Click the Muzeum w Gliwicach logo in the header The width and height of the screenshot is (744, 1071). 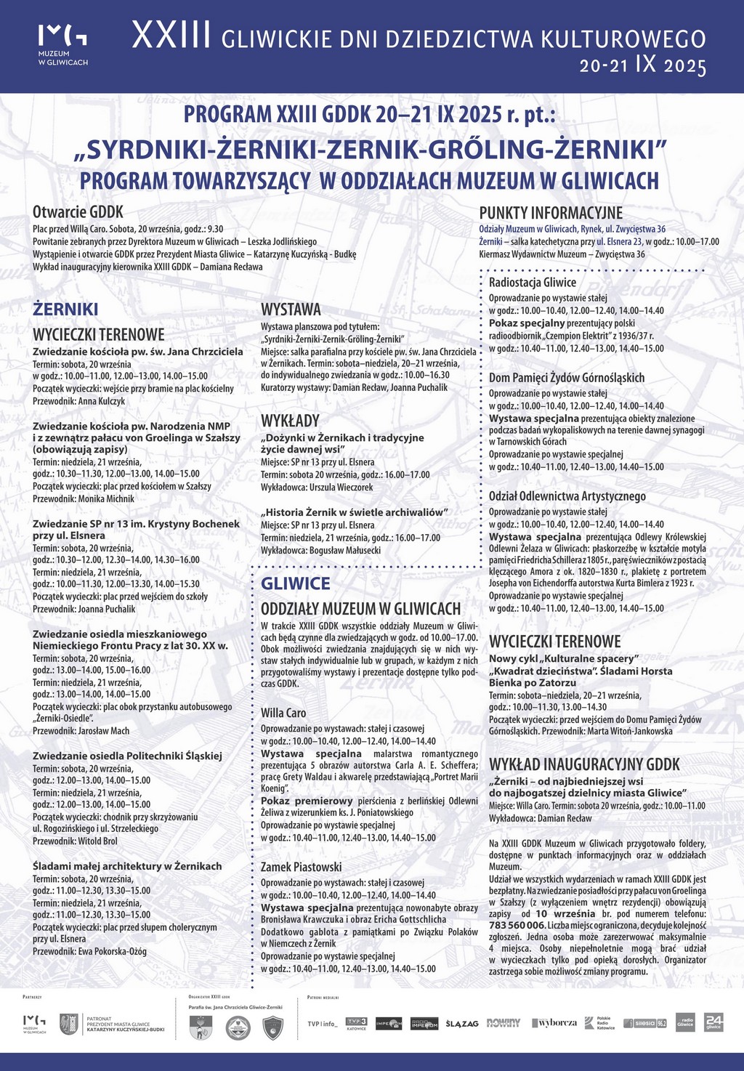[x=62, y=45]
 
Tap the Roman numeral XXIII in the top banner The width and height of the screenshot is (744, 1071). [x=171, y=36]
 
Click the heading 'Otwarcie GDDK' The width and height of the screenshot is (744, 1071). [x=78, y=212]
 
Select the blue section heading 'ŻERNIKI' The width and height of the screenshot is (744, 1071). [x=65, y=310]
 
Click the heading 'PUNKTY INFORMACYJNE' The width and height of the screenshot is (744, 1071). [x=551, y=213]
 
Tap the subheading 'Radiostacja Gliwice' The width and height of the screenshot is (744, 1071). [x=532, y=282]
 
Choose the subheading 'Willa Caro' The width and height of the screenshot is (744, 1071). [x=283, y=713]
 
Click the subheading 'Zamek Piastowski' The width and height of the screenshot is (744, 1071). [x=301, y=867]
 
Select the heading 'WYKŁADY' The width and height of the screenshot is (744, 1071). [x=290, y=421]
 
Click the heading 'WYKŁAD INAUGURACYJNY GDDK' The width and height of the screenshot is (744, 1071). [x=584, y=764]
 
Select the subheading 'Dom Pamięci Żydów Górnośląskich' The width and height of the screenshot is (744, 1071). [x=567, y=377]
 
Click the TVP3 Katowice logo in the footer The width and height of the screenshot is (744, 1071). [x=356, y=1023]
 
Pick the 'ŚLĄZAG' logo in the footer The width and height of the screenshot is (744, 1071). [x=462, y=1024]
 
